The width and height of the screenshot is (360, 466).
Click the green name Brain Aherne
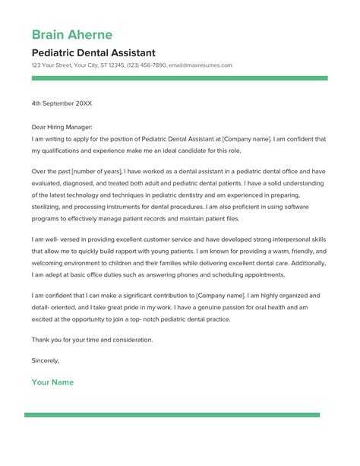coord(72,35)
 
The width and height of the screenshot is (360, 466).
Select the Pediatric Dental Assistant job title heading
coord(93,53)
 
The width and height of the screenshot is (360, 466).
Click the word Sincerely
coord(46,360)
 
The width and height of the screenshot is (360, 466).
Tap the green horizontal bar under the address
coord(180,78)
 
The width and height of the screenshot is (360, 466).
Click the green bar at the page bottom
coord(180,414)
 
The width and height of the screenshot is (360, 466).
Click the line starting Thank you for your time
coord(92,339)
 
